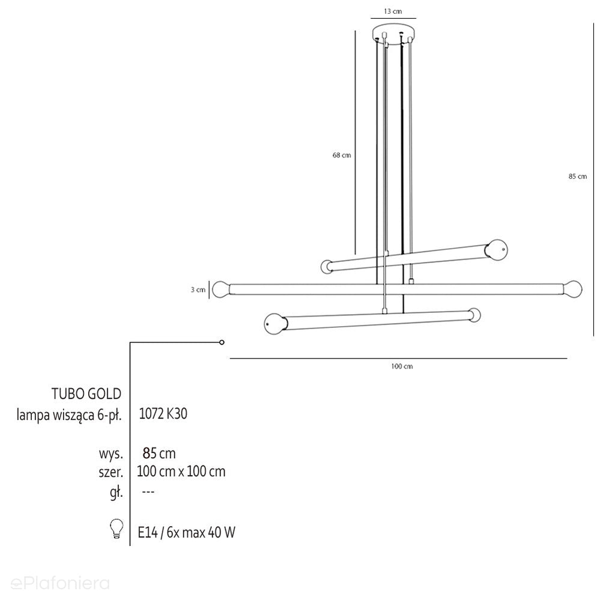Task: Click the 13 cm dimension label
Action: (393, 11)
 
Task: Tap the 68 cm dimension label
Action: (341, 155)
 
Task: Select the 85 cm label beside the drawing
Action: (577, 177)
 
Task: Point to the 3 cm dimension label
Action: (198, 289)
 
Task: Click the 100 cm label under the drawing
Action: (402, 366)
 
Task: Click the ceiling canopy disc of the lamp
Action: (393, 33)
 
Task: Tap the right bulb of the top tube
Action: (496, 249)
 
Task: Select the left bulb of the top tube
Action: (327, 267)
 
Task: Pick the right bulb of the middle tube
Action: (573, 289)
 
